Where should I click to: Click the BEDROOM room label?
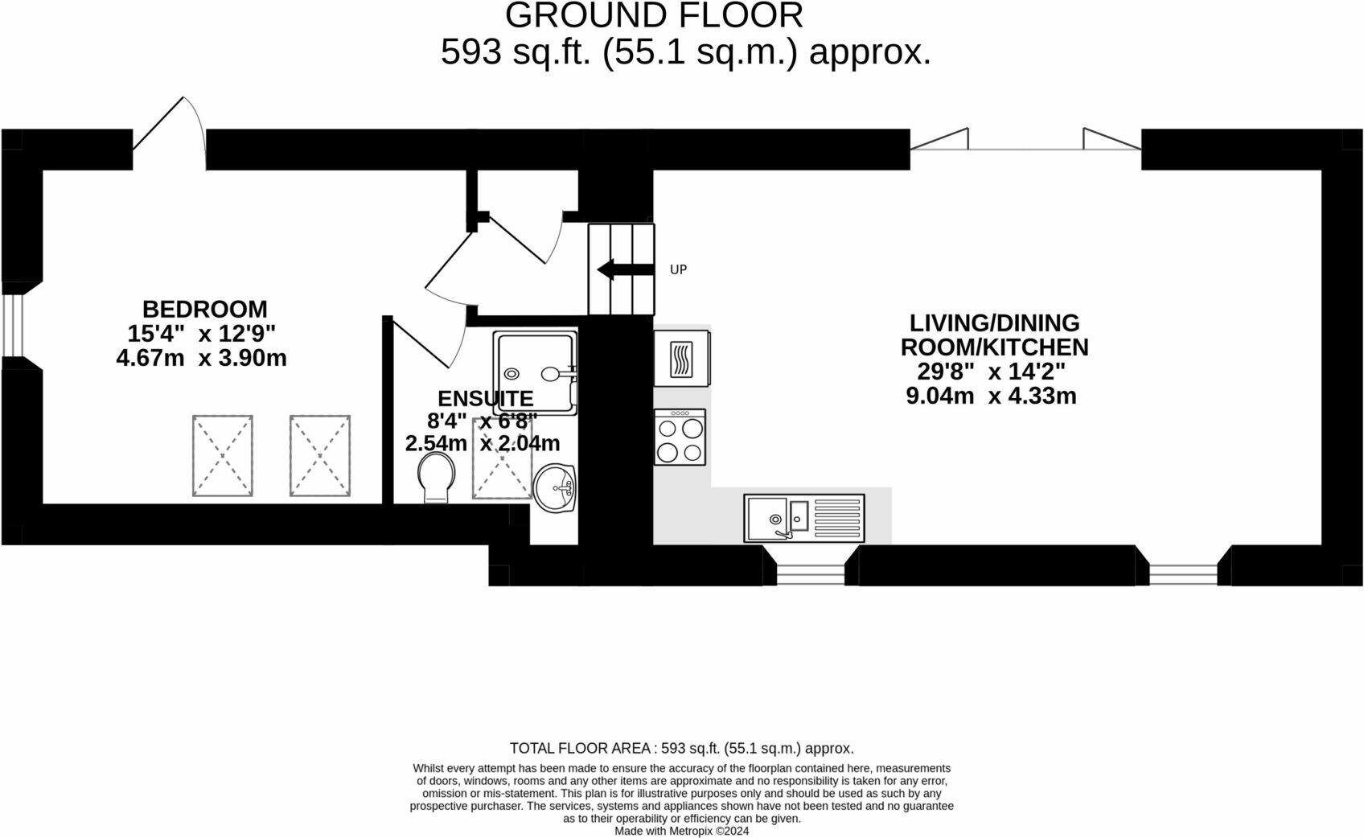[204, 309]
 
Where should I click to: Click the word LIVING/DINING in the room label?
[994, 322]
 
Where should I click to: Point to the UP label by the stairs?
[678, 270]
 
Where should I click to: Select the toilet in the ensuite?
[437, 479]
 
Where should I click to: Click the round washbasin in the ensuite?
[555, 487]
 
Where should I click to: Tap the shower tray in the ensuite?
[535, 373]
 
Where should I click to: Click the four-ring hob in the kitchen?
[680, 437]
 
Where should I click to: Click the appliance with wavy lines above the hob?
[681, 358]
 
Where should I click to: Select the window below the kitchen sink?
[810, 574]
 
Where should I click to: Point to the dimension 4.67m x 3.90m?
[201, 358]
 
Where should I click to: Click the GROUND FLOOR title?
[654, 15]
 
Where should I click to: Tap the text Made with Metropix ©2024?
[681, 831]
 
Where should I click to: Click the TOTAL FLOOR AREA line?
[681, 748]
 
